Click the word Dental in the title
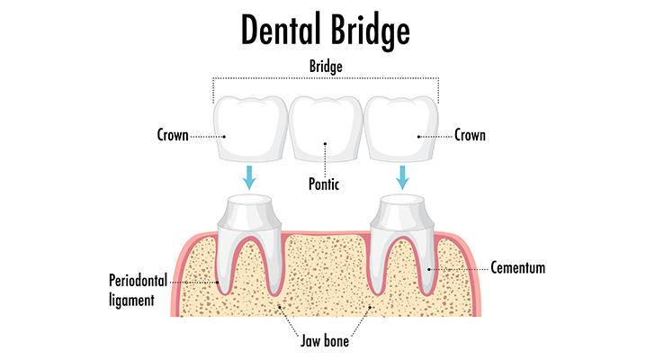coord(281,29)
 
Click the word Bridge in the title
coord(371,31)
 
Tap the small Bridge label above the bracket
coord(326,67)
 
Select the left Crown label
coord(173,135)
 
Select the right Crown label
coord(470,135)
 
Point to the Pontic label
coord(324,184)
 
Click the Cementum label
coord(518,267)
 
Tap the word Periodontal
coord(138,281)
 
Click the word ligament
coord(131,301)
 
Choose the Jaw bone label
coord(325,341)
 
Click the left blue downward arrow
coord(249,177)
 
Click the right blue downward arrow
coord(402,177)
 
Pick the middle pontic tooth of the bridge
coord(326,129)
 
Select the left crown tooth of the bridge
coord(251,129)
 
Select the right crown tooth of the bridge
coord(401,129)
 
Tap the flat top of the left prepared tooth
coord(249,200)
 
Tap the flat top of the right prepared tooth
coord(402,200)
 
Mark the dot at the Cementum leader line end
coord(429,269)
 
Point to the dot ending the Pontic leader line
coord(326,144)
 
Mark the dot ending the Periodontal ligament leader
coord(218,283)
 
